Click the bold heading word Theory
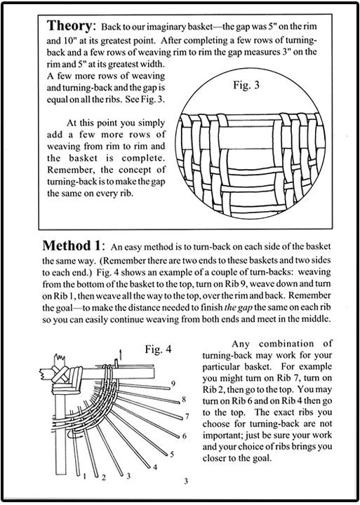69,26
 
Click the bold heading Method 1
71,245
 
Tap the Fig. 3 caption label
246,85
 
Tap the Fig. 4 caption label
158,349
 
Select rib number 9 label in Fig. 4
173,384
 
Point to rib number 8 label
184,399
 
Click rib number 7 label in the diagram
187,417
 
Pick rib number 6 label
185,436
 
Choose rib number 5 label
172,454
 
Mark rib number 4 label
155,467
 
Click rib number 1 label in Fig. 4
84,476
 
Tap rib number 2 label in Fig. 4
104,478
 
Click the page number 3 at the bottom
186,481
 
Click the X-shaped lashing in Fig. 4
60,375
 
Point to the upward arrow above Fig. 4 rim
121,354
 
